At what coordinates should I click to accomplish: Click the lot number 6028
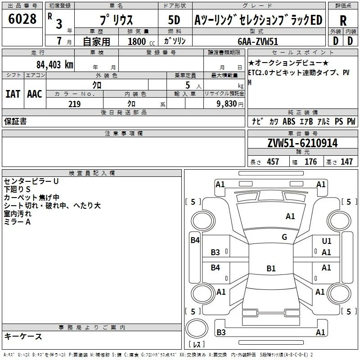click(22, 19)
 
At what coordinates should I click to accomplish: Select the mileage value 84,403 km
click(55, 65)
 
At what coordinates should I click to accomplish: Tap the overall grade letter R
click(343, 21)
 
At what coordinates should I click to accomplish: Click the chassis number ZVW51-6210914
click(302, 143)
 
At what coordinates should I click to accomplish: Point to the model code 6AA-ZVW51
click(258, 41)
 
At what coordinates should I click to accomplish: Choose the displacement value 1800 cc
click(141, 41)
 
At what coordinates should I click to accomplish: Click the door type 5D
click(174, 20)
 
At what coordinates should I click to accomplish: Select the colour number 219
click(74, 104)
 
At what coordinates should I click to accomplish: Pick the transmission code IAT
click(13, 94)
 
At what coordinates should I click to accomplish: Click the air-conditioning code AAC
click(35, 94)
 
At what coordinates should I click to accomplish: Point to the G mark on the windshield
click(284, 237)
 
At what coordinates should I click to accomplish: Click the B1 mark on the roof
click(271, 268)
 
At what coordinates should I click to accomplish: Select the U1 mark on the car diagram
click(327, 241)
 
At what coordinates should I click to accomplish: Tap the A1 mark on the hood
click(290, 216)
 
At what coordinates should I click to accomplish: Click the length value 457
click(273, 162)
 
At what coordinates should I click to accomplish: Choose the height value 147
click(346, 162)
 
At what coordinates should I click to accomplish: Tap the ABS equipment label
click(289, 121)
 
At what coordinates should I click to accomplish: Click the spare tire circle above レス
click(197, 328)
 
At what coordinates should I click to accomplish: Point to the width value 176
click(310, 162)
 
